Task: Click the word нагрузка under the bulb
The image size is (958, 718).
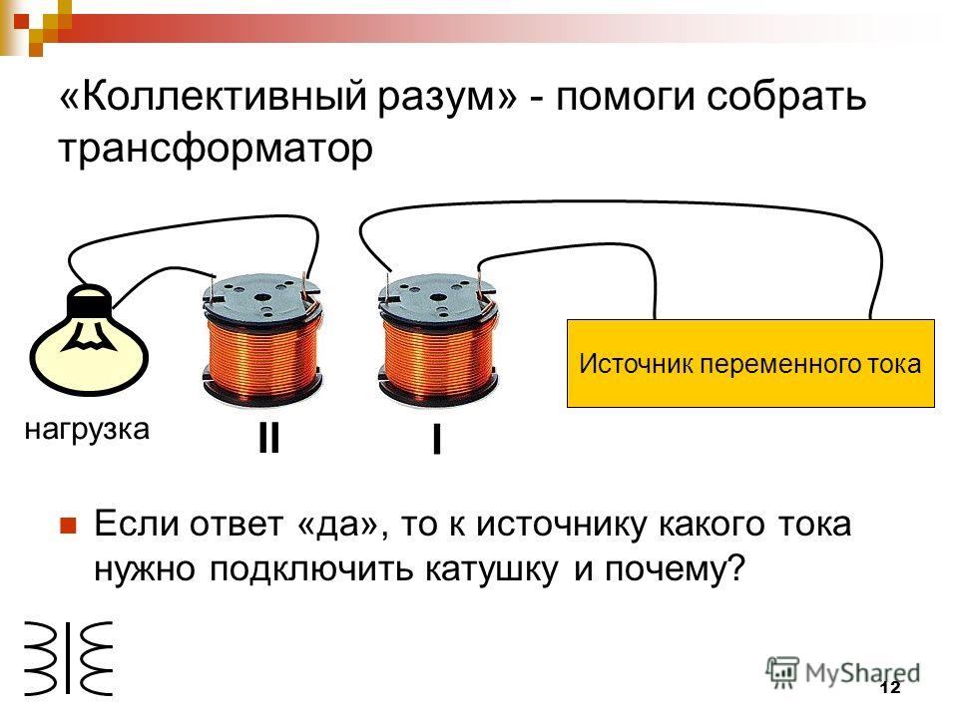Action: [x=87, y=430]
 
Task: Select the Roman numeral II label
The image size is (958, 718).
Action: [x=268, y=438]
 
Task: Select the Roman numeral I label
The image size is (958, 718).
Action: [x=436, y=439]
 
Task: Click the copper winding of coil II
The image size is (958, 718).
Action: [x=262, y=357]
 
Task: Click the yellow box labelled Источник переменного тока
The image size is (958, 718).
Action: [x=750, y=363]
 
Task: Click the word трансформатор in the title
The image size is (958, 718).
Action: [x=216, y=149]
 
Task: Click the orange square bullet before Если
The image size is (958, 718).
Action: [x=68, y=526]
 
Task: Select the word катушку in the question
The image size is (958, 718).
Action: [x=491, y=569]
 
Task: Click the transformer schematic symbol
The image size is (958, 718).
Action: [x=69, y=659]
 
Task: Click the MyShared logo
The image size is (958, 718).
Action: [x=842, y=673]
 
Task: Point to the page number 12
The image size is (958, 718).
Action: [x=890, y=688]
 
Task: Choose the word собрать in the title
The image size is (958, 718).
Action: [x=785, y=98]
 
